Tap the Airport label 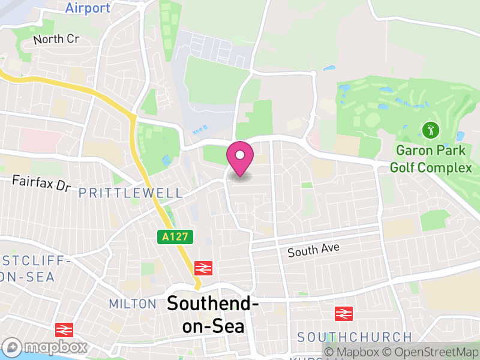[88, 8]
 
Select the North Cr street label [56, 40]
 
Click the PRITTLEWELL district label [130, 193]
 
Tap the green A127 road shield [177, 237]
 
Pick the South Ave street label [313, 250]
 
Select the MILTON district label [133, 304]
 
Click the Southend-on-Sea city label [213, 314]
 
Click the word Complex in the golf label [445, 167]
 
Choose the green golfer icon [430, 129]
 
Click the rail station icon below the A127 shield [203, 268]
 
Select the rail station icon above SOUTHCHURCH [343, 313]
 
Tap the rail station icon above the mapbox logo [64, 329]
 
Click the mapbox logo [46, 347]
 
